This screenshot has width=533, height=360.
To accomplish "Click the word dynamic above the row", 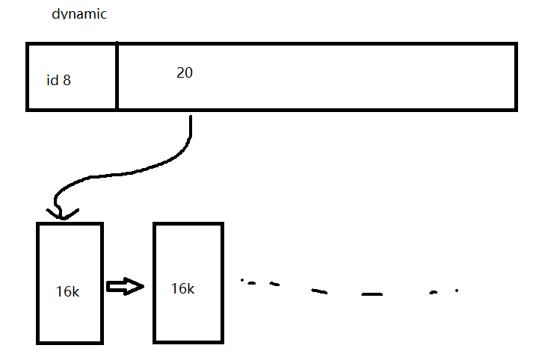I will point(79,14).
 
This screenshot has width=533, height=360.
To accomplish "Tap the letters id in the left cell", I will point(52,80).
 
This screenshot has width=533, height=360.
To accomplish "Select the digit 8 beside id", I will point(67,80).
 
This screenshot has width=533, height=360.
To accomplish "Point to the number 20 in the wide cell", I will point(185,72).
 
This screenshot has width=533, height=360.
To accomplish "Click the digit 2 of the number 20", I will point(180,72).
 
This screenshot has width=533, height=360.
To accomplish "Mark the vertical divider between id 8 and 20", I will point(117,77).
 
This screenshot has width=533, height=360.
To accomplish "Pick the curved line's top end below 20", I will point(191,118).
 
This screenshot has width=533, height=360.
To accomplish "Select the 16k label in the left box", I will point(67,291).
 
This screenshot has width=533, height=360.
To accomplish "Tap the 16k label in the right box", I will point(182,288).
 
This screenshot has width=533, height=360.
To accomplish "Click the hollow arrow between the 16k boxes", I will point(125,287).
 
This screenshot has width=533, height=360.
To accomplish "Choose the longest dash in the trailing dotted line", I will point(372,294).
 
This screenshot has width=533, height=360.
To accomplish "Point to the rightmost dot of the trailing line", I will point(457,290).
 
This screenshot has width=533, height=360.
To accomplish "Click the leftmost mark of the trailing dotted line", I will point(242,281).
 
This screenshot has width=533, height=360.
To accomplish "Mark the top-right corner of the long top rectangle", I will point(515,45).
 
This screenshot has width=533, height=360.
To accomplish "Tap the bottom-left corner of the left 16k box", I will point(38,342).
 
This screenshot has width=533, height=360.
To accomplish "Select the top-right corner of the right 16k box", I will point(222,223).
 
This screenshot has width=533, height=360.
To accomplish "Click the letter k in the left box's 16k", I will point(75,291).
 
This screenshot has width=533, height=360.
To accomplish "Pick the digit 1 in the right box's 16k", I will point(174,288).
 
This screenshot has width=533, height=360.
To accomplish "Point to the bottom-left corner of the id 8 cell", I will point(28,109).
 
